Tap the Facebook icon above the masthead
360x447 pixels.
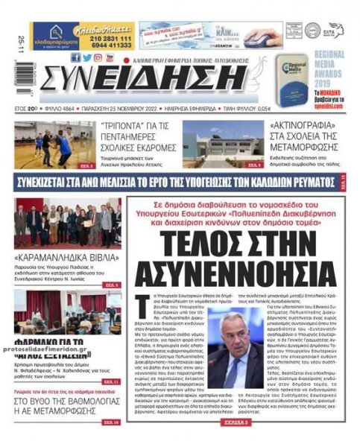[x=76, y=57]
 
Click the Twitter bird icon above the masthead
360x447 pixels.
[x=87, y=57]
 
